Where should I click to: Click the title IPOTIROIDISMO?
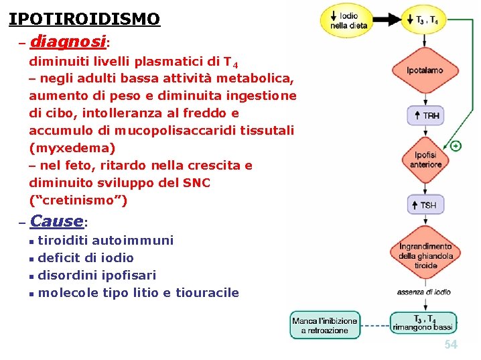84,18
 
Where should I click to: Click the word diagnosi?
68,42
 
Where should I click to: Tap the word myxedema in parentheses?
72,147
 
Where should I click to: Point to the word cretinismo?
78,200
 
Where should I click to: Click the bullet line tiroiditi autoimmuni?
105,240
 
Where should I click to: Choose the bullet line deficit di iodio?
86,257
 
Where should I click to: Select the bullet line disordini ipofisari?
96,275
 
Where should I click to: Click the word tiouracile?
207,292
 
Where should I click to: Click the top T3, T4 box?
423,20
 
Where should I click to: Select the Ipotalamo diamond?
425,70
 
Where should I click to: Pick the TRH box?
425,115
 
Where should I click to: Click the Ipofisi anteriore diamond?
425,160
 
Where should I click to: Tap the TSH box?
425,204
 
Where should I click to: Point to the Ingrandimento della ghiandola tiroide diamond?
425,255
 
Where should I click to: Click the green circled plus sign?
456,145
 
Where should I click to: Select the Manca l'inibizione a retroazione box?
325,326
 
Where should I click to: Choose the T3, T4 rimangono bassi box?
423,324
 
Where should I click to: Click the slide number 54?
451,345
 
